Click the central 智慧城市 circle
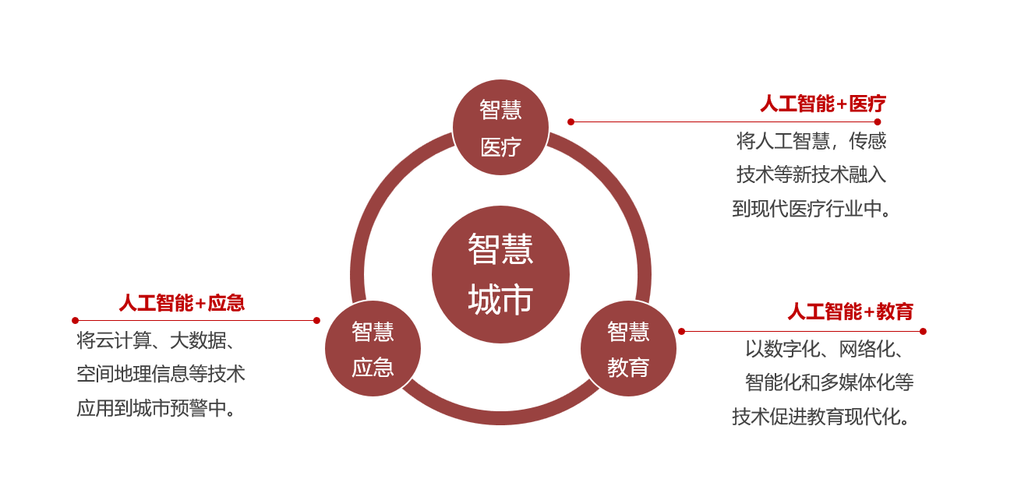[500, 274]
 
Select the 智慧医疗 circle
[500, 128]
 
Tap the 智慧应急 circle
[373, 349]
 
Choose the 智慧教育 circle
[628, 349]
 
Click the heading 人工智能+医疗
[823, 104]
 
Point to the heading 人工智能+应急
[182, 303]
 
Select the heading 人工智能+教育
[850, 312]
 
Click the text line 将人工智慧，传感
[811, 141]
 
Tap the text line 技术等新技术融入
[811, 174]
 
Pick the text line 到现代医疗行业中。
[811, 209]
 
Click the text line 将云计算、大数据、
[156, 340]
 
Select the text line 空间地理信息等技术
[161, 374]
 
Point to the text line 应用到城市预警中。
[156, 408]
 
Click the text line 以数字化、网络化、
[825, 348]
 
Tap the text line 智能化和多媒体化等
[829, 382]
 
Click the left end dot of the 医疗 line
[571, 121]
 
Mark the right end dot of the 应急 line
[316, 320]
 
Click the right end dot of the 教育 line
[923, 331]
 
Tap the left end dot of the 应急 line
[75, 320]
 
